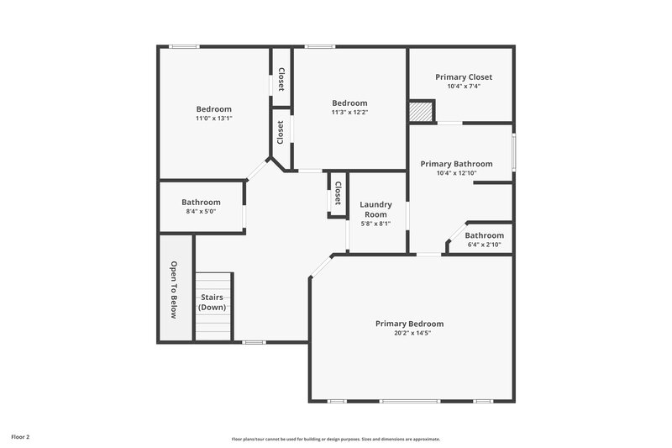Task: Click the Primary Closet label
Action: click(x=463, y=76)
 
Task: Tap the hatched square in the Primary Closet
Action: click(x=421, y=111)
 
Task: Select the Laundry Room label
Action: click(x=375, y=209)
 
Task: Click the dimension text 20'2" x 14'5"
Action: click(x=409, y=333)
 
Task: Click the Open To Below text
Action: click(x=175, y=290)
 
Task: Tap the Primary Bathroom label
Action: click(x=456, y=164)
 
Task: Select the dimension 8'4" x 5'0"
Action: click(x=201, y=212)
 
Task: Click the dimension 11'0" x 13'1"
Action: click(x=213, y=119)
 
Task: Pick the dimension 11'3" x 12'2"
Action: click(x=349, y=112)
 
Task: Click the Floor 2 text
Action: click(x=20, y=437)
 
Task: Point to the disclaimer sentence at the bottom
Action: click(x=335, y=439)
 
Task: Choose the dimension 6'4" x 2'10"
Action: click(x=484, y=245)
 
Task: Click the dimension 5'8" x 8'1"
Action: click(x=375, y=224)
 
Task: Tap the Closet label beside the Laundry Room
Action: click(x=338, y=193)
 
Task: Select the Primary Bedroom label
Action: click(x=409, y=324)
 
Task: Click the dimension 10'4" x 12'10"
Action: click(x=456, y=173)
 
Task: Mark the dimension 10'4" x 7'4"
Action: click(x=463, y=86)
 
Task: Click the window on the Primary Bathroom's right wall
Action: click(x=513, y=153)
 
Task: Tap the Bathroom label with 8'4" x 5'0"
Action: click(x=201, y=202)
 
